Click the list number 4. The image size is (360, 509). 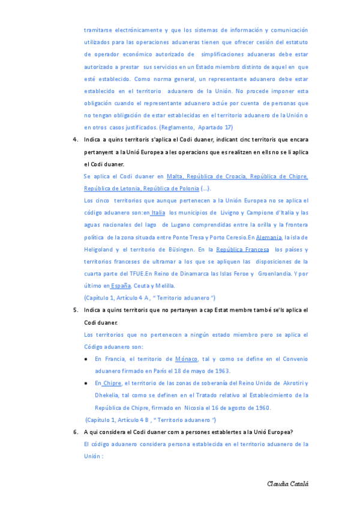pos(75,140)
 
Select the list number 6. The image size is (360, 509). pos(75,432)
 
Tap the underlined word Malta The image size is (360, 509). pos(175,176)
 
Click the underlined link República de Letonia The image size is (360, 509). pos(112,188)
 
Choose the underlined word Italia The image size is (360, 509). pos(158,212)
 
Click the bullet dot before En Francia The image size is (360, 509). pos(87,359)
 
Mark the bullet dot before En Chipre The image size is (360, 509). pos(87,383)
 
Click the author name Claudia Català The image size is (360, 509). pos(288,484)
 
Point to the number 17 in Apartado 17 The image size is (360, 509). pos(228,127)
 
